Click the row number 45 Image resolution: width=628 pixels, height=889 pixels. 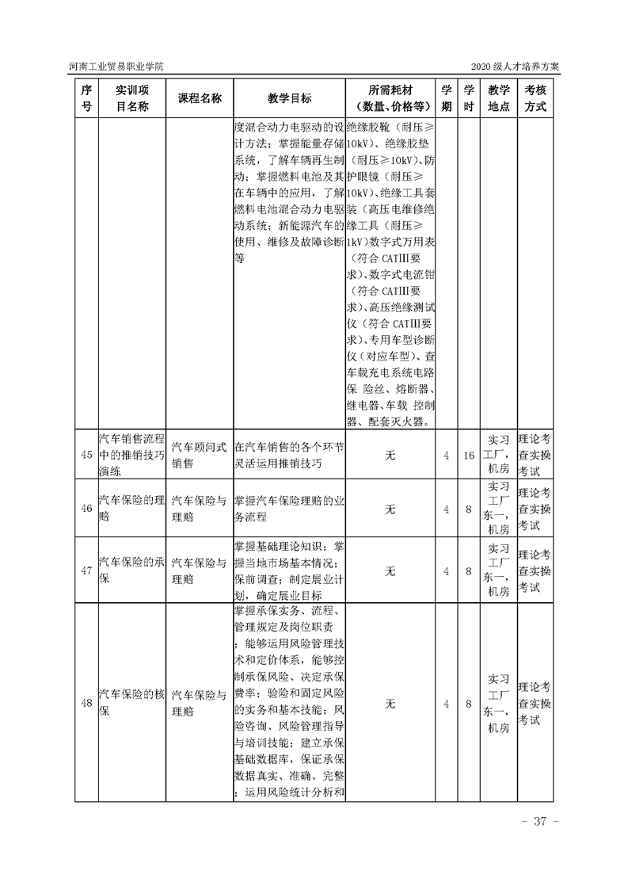pyautogui.click(x=87, y=455)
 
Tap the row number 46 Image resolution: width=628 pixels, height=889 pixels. pyautogui.click(x=87, y=508)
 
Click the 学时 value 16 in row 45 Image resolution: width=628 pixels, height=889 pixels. pyautogui.click(x=469, y=455)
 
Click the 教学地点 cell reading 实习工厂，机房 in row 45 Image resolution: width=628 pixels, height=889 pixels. pyautogui.click(x=498, y=455)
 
